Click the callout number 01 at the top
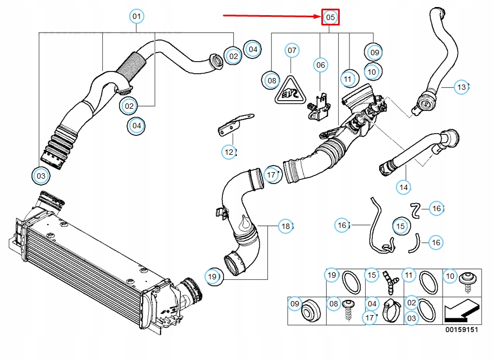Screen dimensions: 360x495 (136, 17)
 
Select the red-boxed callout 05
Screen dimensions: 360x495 (330, 17)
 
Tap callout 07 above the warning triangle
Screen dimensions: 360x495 (292, 51)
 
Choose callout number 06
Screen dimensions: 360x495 (321, 65)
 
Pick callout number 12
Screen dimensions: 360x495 (229, 152)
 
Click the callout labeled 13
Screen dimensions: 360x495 (460, 87)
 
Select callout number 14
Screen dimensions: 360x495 (403, 187)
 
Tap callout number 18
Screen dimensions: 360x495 (285, 226)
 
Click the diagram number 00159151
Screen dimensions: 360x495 (461, 329)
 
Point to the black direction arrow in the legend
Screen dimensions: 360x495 (460, 311)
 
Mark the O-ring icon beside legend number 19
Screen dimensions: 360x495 (352, 282)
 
